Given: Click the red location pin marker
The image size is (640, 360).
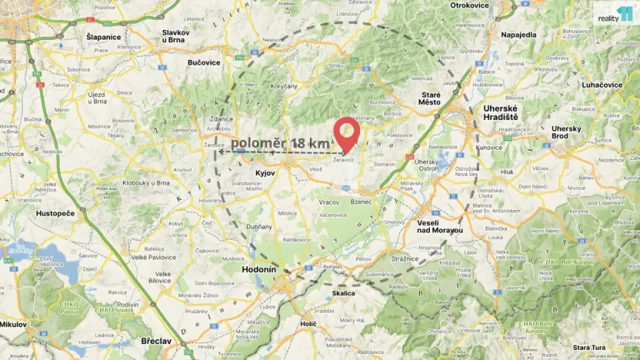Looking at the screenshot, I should [x=346, y=133].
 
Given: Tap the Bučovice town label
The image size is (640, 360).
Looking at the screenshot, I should [x=204, y=62].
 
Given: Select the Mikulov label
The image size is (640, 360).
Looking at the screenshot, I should [x=12, y=325].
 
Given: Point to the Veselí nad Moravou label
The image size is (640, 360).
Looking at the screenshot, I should [x=439, y=226].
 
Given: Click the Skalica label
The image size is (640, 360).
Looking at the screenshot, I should [x=344, y=293].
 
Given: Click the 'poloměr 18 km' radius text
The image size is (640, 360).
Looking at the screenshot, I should [x=281, y=144].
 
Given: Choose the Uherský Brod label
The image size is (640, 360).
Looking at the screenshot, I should [x=565, y=132].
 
